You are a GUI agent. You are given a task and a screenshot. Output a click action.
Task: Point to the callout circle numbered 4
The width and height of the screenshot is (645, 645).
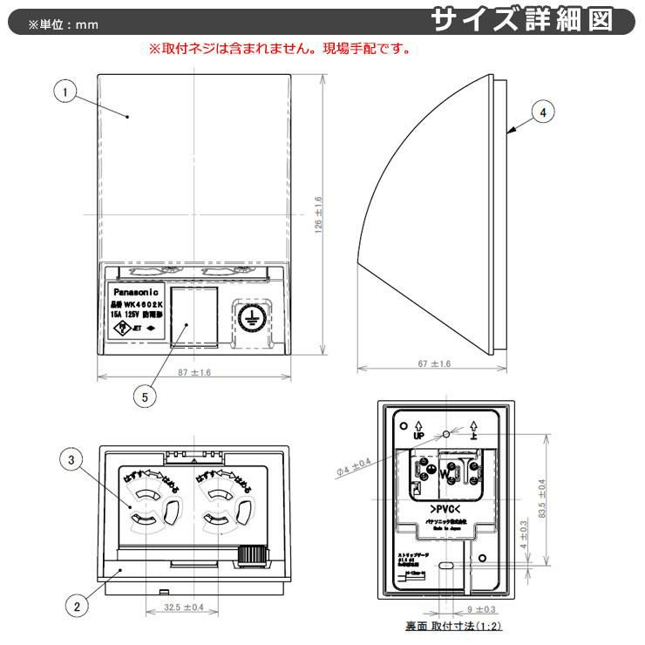(542, 112)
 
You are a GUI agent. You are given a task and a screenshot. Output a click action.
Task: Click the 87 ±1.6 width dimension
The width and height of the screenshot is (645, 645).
(194, 372)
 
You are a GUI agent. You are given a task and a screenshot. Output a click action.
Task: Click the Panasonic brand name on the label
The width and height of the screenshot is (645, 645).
(133, 291)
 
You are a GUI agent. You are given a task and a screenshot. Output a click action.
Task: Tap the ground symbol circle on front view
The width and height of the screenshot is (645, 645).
(248, 317)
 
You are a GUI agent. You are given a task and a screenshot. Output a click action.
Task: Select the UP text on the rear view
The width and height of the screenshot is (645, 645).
(418, 433)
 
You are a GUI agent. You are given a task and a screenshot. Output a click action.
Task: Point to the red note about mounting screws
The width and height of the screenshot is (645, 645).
(279, 50)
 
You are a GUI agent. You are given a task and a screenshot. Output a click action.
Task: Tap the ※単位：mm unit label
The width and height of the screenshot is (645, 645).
(63, 24)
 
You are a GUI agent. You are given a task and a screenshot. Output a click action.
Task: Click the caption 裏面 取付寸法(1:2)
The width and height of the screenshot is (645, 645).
(453, 627)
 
